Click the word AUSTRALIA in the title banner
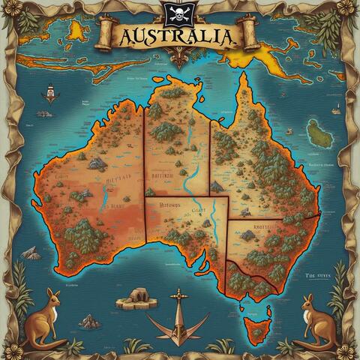pyautogui.click(x=177, y=36)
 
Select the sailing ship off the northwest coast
pyautogui.click(x=50, y=95)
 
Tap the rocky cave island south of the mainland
pyautogui.click(x=136, y=297)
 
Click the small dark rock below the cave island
pyautogui.click(x=90, y=322)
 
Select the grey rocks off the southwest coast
pyautogui.click(x=31, y=253)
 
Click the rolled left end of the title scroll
pyautogui.click(x=106, y=34)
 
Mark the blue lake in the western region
pyautogui.click(x=101, y=199)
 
